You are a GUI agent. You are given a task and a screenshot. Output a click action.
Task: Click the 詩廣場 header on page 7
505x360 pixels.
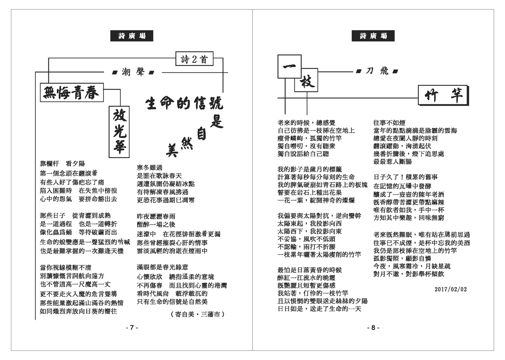(x=131, y=36)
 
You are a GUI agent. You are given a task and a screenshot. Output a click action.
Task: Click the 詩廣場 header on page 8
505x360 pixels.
(x=373, y=36)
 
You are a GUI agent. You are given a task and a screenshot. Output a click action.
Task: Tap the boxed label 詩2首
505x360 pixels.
(x=194, y=59)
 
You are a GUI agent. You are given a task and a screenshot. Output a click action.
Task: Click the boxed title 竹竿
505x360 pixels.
(x=443, y=96)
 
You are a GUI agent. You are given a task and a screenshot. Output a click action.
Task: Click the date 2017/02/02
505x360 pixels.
(x=450, y=289)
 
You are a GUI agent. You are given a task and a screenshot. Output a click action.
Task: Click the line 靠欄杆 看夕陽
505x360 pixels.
(x=62, y=163)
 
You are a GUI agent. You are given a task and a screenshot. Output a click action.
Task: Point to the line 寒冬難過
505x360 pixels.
(x=150, y=167)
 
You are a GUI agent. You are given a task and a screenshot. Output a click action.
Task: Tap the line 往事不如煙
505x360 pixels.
(x=389, y=123)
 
